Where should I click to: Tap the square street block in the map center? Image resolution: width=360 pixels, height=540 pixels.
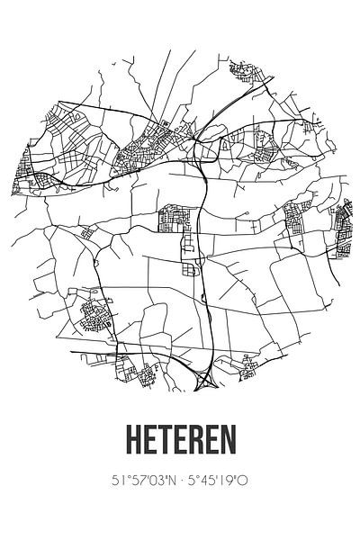[x=174, y=218]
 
